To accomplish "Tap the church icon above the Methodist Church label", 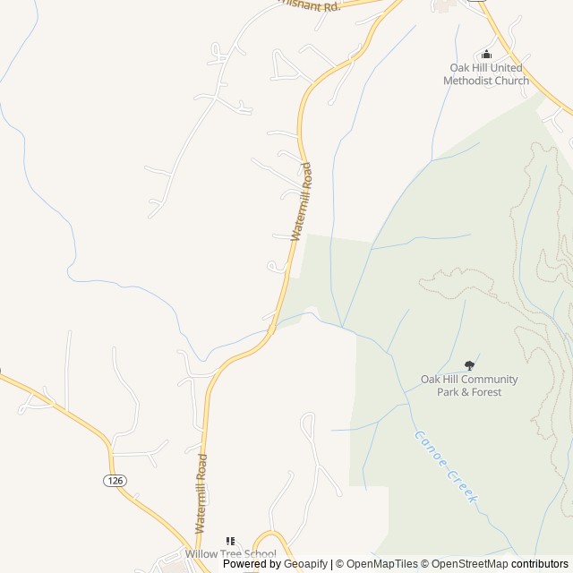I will (x=486, y=54).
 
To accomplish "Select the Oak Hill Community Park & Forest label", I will (x=469, y=385).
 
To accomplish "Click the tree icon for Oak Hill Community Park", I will (x=469, y=365).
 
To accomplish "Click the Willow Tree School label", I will (x=230, y=554).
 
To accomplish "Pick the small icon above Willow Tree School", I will (x=230, y=541).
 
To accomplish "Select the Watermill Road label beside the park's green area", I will (x=302, y=201).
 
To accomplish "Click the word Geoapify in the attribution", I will (x=304, y=564).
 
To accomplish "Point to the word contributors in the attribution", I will (x=540, y=564).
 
